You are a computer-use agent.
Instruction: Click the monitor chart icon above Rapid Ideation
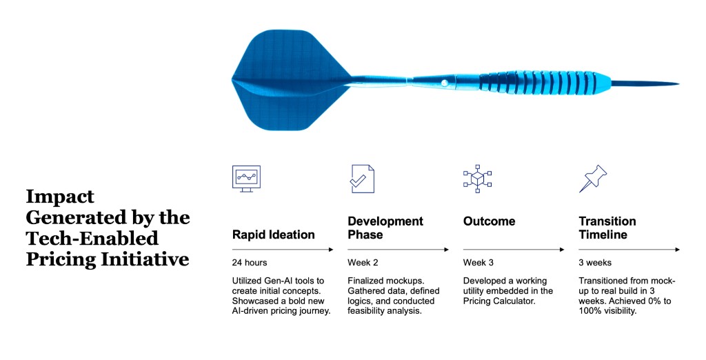[247, 179]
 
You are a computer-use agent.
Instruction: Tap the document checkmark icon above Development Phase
[362, 179]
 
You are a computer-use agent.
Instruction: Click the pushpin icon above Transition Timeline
[592, 179]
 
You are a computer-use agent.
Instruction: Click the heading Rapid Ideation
[273, 234]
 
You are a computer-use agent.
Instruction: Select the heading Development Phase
[385, 228]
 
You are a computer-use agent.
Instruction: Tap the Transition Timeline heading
[607, 228]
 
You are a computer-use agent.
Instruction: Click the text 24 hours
[250, 263]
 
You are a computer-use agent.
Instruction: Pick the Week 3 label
[478, 263]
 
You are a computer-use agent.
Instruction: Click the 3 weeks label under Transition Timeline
[594, 263]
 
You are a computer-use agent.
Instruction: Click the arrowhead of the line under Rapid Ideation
[332, 250]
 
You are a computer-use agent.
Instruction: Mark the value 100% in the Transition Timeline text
[590, 311]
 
